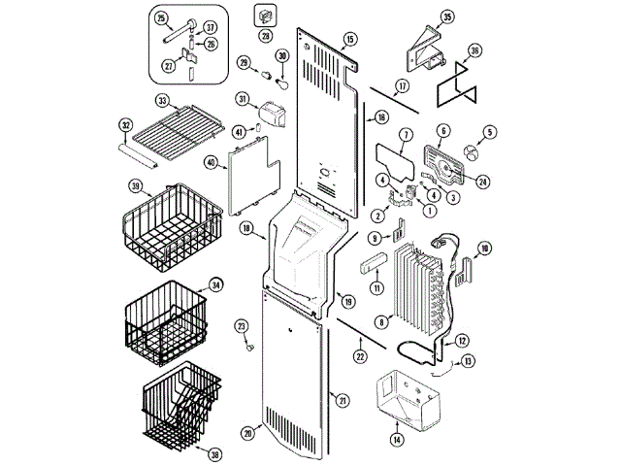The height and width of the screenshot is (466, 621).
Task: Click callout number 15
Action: coord(349,39)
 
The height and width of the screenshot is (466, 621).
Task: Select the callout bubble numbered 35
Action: coord(446,17)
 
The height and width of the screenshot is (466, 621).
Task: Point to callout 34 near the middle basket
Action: coord(215,284)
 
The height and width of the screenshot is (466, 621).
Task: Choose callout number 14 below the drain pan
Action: coord(396,440)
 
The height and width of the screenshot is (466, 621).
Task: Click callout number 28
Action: coord(264,36)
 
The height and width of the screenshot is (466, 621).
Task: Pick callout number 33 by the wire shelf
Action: coord(163,100)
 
